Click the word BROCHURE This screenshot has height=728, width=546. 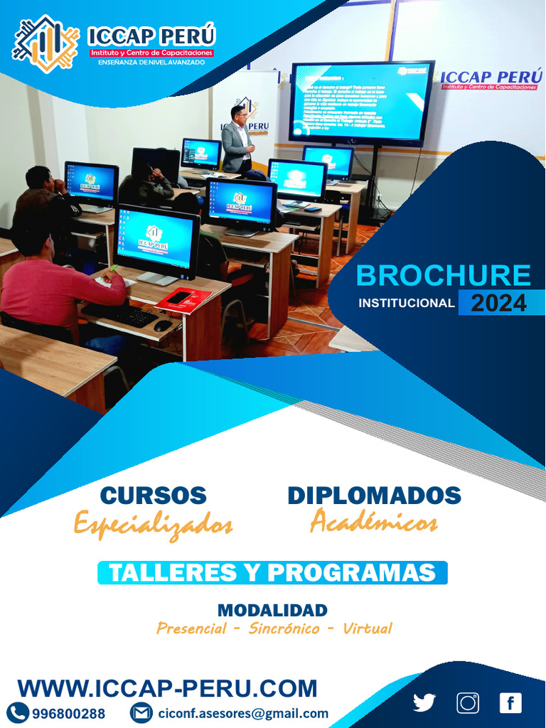[x=443, y=276]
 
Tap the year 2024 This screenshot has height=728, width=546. [x=498, y=304]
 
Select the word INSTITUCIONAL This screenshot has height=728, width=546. [x=406, y=304]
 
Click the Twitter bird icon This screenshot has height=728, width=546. [x=424, y=702]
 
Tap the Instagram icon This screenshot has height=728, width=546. [x=468, y=702]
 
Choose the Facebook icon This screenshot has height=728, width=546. [x=510, y=702]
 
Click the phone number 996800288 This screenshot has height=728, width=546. [x=68, y=713]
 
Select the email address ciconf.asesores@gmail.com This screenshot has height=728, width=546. [x=243, y=713]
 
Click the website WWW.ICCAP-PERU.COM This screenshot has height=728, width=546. [x=167, y=688]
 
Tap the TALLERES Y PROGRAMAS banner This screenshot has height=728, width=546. [x=272, y=573]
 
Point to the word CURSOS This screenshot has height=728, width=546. [x=153, y=496]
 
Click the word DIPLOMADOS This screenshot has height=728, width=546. [x=374, y=496]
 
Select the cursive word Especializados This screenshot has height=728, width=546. [x=153, y=525]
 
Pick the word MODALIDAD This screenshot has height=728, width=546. [x=272, y=610]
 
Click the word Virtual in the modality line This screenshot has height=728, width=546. [x=367, y=628]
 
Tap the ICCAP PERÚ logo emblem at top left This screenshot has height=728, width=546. [x=45, y=43]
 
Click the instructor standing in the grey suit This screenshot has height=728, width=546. [x=237, y=141]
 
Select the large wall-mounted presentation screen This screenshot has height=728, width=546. [x=361, y=102]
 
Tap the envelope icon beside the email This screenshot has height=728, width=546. [x=141, y=712]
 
